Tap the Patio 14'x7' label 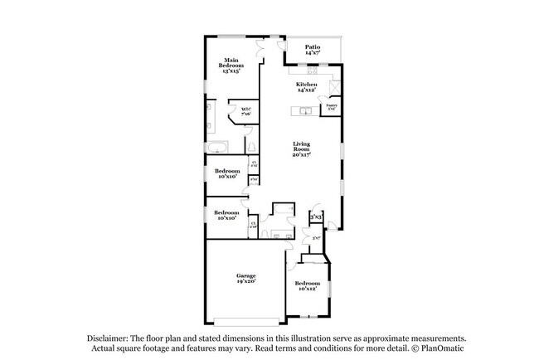click(x=313, y=50)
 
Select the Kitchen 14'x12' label click(x=307, y=87)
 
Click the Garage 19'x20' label click(x=245, y=279)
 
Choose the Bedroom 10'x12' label click(x=306, y=287)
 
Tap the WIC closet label click(x=245, y=111)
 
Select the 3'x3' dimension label click(x=316, y=217)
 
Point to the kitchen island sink click(x=304, y=109)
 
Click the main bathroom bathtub click(x=216, y=148)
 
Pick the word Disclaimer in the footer click(x=107, y=338)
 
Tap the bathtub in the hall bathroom click(x=284, y=208)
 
